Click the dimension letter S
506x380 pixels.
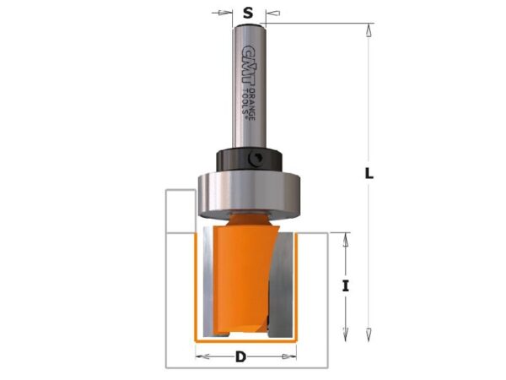point(248,13)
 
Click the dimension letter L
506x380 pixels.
point(369,173)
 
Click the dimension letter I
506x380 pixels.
point(346,286)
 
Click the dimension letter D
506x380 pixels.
point(240,357)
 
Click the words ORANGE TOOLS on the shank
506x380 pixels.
point(248,105)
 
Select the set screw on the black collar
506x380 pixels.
point(256,160)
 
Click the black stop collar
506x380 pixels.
point(249,160)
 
